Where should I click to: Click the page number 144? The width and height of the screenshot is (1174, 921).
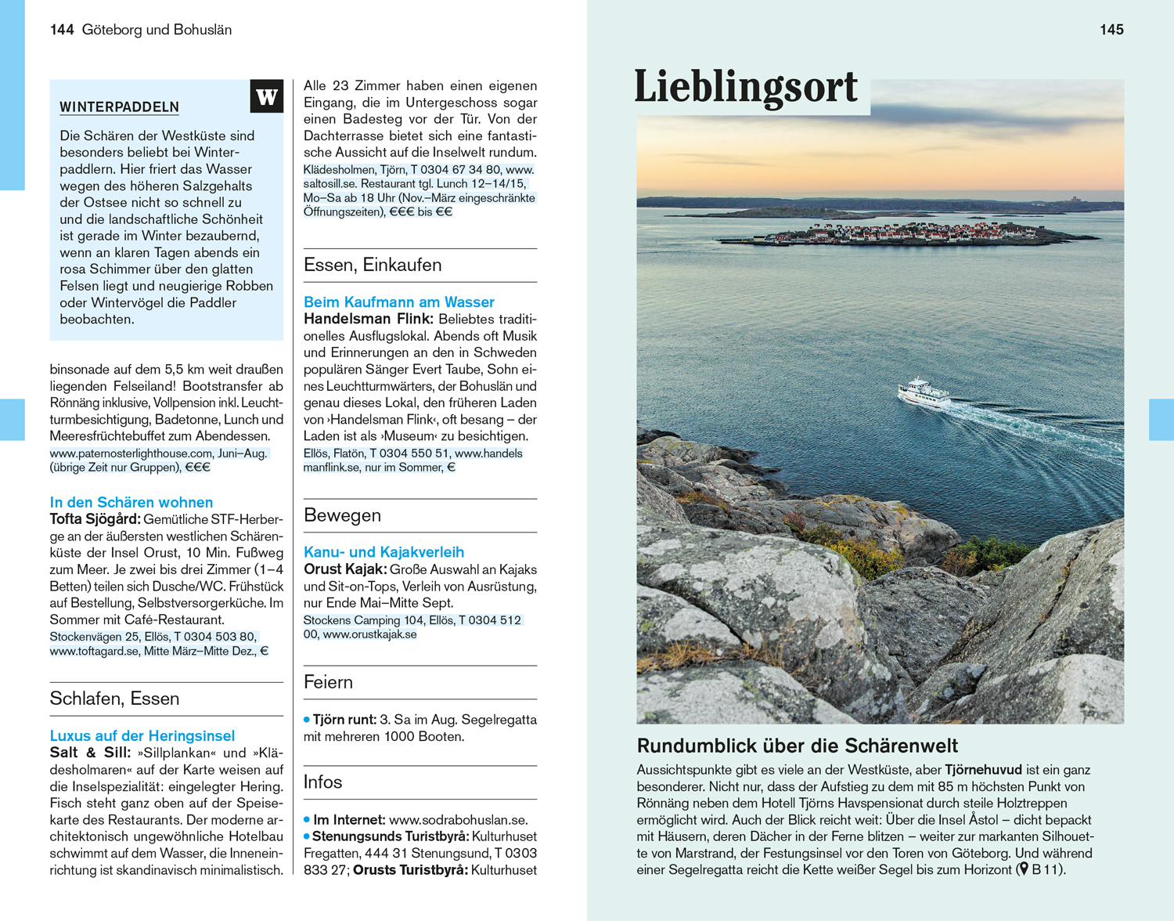62,30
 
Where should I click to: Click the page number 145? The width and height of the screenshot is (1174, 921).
1111,30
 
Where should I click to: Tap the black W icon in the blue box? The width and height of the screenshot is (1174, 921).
267,96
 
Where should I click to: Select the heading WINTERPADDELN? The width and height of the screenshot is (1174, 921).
120,107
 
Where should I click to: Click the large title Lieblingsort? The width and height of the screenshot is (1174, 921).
746,86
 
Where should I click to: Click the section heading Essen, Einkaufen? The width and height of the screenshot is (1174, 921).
373,265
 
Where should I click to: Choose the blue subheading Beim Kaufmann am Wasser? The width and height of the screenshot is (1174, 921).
398,302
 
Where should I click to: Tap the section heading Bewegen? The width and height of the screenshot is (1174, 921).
342,515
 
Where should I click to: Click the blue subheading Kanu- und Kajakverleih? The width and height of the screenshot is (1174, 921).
384,552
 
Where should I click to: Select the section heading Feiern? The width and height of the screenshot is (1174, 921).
328,682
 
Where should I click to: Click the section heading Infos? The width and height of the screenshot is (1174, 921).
322,782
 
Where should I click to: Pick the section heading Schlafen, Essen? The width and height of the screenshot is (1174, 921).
114,699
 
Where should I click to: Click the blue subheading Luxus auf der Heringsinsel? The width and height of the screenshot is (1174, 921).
142,736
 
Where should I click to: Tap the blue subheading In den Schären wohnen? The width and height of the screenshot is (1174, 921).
131,503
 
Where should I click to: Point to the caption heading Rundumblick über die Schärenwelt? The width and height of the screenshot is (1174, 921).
797,746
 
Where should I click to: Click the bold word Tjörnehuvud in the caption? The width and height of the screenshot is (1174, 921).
983,770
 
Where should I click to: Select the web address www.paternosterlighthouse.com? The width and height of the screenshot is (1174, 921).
131,453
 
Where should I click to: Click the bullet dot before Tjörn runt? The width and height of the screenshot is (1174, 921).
307,719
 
